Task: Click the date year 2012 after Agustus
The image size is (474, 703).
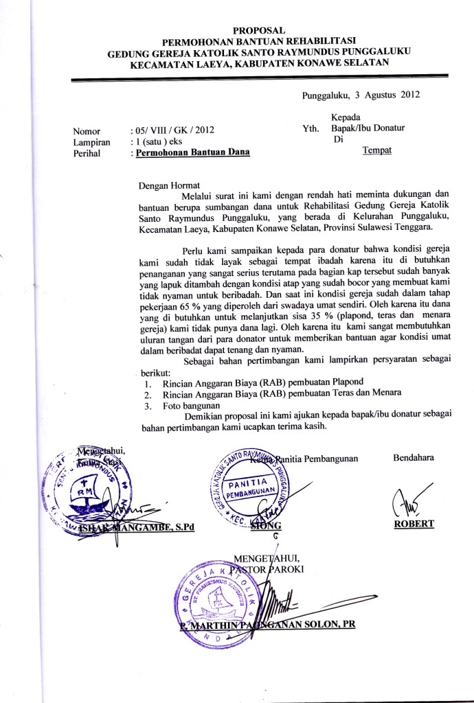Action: [407, 95]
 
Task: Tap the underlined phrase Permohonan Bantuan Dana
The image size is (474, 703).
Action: [193, 153]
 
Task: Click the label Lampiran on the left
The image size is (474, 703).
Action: [92, 141]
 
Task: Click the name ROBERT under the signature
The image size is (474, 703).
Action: [414, 524]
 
